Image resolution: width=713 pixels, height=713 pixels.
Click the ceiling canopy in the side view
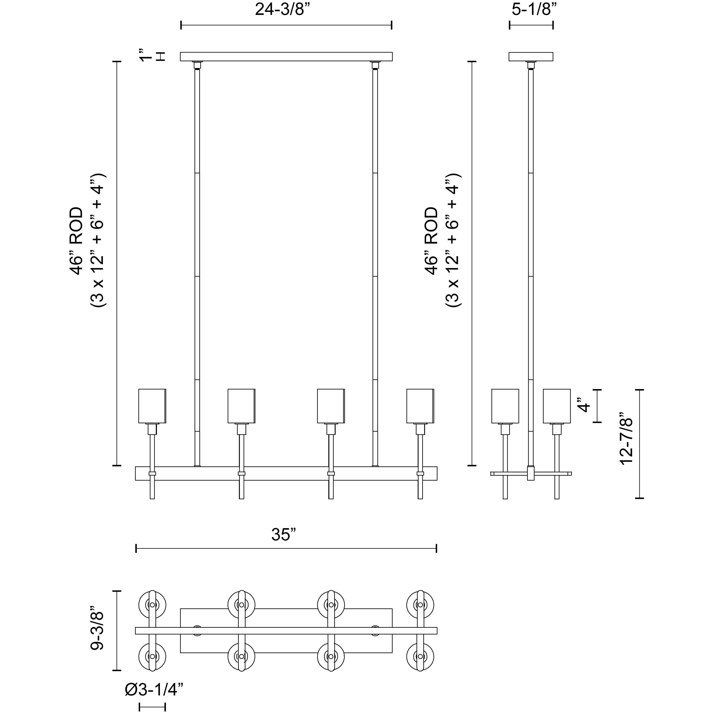click(x=531, y=57)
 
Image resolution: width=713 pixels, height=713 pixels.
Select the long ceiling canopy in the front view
click(x=286, y=57)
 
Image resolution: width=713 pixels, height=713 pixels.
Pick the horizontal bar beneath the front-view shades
click(x=286, y=474)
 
